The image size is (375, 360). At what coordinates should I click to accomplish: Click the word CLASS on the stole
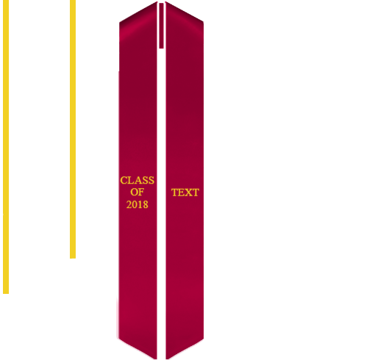pyautogui.click(x=137, y=180)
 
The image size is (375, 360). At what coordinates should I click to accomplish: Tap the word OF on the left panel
pyautogui.click(x=137, y=192)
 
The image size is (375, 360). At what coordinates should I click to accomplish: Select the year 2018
pyautogui.click(x=137, y=204)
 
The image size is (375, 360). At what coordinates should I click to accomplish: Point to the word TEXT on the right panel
pyautogui.click(x=185, y=192)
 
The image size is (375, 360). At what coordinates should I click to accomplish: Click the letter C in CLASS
pyautogui.click(x=124, y=180)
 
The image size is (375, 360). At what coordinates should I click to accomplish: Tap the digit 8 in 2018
pyautogui.click(x=146, y=204)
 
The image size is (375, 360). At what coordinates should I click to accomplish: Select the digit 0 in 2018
pyautogui.click(x=135, y=204)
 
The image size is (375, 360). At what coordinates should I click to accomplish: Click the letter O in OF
pyautogui.click(x=134, y=192)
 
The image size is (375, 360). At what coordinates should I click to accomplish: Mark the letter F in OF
pyautogui.click(x=141, y=192)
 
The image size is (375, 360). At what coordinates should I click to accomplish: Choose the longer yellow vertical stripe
pyautogui.click(x=6, y=147)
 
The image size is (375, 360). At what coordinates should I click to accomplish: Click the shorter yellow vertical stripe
pyautogui.click(x=73, y=129)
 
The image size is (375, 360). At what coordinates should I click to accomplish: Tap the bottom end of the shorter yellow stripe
pyautogui.click(x=73, y=258)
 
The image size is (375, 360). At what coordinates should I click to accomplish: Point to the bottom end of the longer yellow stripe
pyautogui.click(x=6, y=293)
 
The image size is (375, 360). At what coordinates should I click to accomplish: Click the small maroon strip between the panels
pyautogui.click(x=161, y=26)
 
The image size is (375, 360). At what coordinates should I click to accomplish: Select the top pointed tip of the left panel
pyautogui.click(x=157, y=1)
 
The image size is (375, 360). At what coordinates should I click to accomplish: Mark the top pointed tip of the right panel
pyautogui.click(x=166, y=1)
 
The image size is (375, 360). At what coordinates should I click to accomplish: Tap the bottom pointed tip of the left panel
pyautogui.click(x=156, y=359)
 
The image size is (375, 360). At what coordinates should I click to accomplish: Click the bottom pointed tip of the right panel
pyautogui.click(x=167, y=359)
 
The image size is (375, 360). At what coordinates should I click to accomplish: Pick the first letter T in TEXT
pyautogui.click(x=174, y=192)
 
